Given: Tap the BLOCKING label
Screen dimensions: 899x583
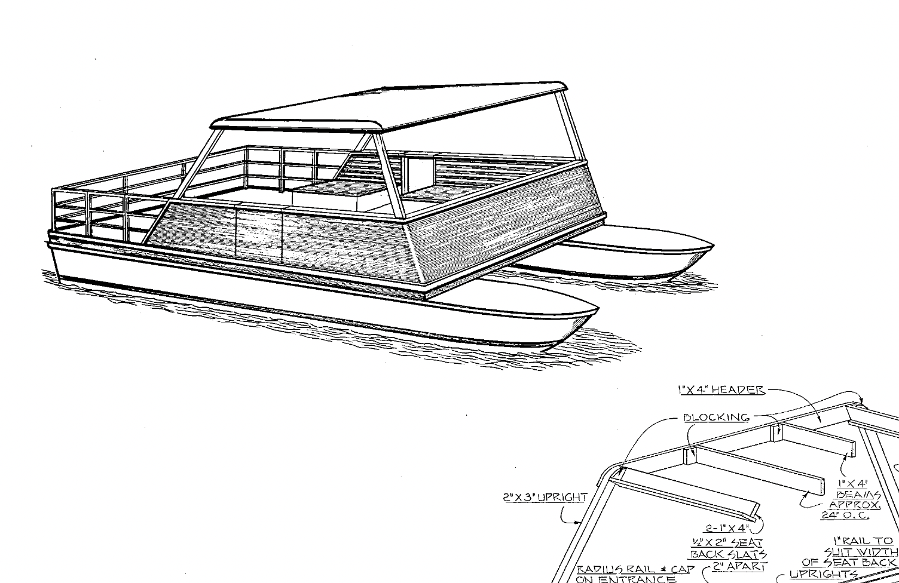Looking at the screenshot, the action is coord(716,417).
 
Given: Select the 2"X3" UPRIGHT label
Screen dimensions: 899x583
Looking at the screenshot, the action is coord(545,497).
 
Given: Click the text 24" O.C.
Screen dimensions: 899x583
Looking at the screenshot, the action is coord(844,516).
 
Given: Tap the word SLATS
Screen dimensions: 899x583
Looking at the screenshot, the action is coord(747,554).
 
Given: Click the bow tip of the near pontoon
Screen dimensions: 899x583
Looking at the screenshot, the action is coord(597,309).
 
